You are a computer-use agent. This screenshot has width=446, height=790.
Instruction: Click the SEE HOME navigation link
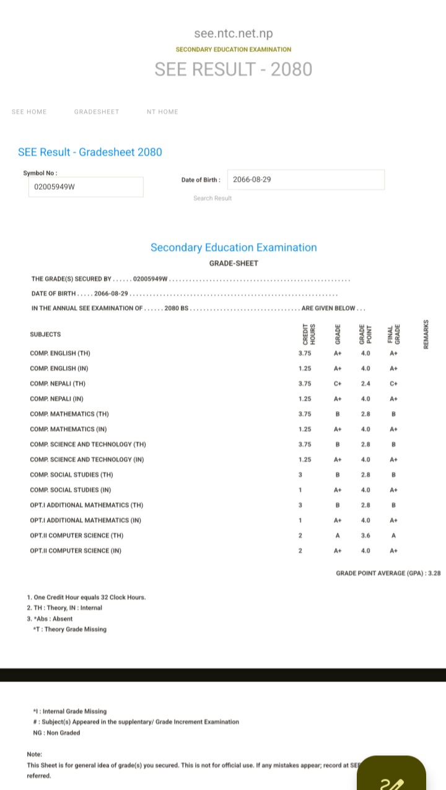(29, 112)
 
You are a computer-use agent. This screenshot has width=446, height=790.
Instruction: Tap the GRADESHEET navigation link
(97, 112)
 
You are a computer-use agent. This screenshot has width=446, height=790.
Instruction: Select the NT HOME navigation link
(162, 112)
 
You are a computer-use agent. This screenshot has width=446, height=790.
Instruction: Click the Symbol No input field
(85, 187)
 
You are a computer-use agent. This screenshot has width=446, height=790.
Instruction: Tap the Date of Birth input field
(305, 180)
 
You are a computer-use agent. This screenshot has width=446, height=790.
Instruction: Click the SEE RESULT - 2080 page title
(234, 69)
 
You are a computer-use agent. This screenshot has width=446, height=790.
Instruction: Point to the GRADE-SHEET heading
(234, 264)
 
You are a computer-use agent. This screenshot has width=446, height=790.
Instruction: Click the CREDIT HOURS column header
(309, 334)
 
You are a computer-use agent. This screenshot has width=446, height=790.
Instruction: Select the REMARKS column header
(426, 334)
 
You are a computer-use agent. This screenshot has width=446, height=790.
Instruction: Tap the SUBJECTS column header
(45, 335)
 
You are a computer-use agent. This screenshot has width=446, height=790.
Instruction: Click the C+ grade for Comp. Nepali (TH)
(338, 384)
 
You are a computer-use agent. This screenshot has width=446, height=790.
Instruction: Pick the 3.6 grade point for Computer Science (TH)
(365, 536)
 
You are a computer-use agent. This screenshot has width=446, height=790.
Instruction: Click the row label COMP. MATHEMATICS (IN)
(68, 429)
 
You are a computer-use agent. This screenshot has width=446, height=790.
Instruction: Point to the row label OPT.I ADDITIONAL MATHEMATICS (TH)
(87, 505)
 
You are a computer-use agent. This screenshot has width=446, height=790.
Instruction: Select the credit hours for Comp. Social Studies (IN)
(300, 490)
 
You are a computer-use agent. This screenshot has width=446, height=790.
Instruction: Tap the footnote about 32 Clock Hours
(87, 597)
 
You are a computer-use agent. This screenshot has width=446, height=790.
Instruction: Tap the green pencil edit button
(391, 775)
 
